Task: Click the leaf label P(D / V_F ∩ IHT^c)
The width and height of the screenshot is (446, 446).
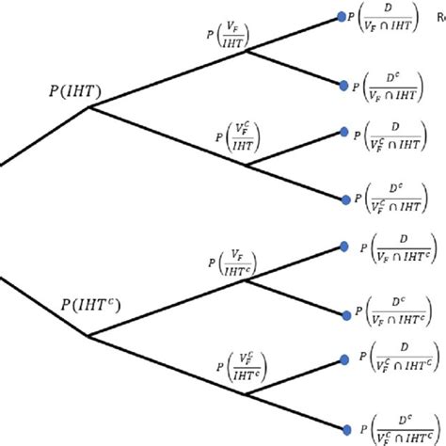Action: (x=395, y=250)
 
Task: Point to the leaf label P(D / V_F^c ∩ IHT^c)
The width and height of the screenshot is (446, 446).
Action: (x=397, y=361)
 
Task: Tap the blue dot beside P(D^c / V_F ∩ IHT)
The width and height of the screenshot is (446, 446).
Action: (x=344, y=85)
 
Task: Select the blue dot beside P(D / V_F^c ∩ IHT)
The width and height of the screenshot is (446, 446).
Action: (x=344, y=134)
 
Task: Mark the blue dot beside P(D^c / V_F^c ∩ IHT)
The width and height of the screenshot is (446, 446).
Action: (x=344, y=199)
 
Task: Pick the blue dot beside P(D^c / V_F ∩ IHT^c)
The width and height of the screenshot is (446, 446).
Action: (x=345, y=312)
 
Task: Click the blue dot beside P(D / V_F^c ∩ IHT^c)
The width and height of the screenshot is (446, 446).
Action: (x=345, y=358)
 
